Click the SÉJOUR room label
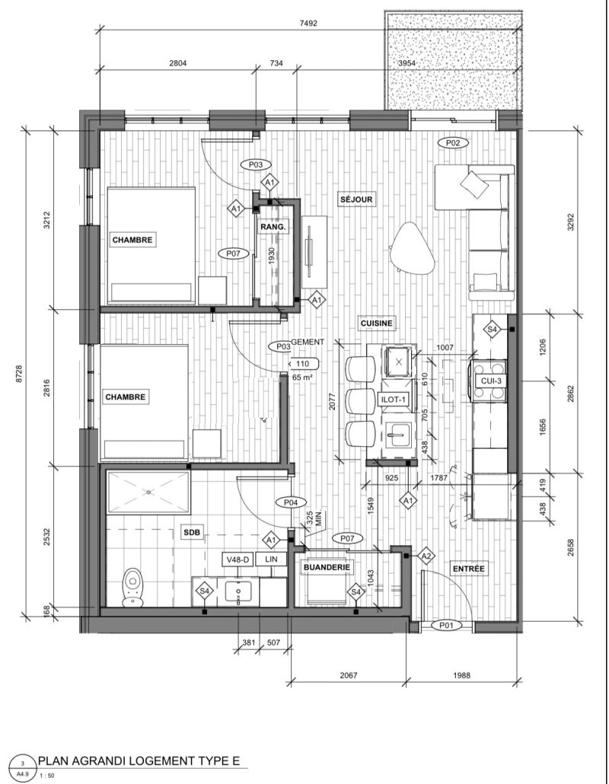pyautogui.click(x=356, y=199)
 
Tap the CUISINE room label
pyautogui.click(x=377, y=323)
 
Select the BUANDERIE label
pyautogui.click(x=327, y=568)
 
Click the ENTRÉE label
pyautogui.click(x=468, y=569)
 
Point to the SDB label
pyautogui.click(x=192, y=533)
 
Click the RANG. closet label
pyautogui.click(x=273, y=227)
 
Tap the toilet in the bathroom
pyautogui.click(x=133, y=588)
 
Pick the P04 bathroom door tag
pyautogui.click(x=291, y=502)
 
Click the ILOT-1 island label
pyautogui.click(x=395, y=400)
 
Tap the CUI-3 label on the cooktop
pyautogui.click(x=490, y=381)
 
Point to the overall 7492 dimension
pyautogui.click(x=308, y=23)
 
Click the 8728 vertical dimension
pyautogui.click(x=19, y=373)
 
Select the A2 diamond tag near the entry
pyautogui.click(x=426, y=556)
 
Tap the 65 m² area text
pyautogui.click(x=302, y=378)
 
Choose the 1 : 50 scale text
pyautogui.click(x=49, y=776)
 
